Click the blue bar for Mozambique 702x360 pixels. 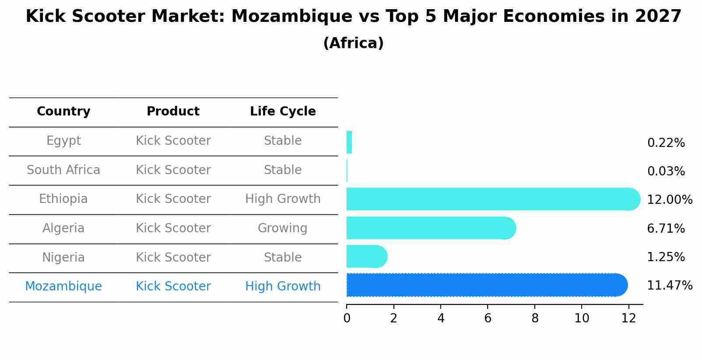[x=486, y=285]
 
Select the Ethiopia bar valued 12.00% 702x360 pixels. [x=492, y=199]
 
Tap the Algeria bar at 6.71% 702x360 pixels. [x=431, y=228]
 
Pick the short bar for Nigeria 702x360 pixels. [x=366, y=257]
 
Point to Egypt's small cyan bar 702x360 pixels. [x=349, y=143]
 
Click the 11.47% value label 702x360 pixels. [x=669, y=286]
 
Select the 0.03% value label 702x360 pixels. [x=666, y=171]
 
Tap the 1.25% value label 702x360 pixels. [x=666, y=257]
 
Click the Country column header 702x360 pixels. [x=63, y=112]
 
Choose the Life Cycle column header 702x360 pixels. [x=283, y=112]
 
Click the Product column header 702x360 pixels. [x=173, y=112]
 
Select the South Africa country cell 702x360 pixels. [x=63, y=170]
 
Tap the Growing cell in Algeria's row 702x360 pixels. [x=282, y=228]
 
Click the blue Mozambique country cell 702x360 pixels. [x=63, y=287]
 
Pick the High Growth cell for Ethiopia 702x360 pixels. [x=283, y=199]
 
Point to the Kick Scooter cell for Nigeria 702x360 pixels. [x=173, y=257]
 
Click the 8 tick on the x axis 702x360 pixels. [x=535, y=318]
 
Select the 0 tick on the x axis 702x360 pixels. [x=347, y=318]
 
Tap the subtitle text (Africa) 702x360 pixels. [x=353, y=43]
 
